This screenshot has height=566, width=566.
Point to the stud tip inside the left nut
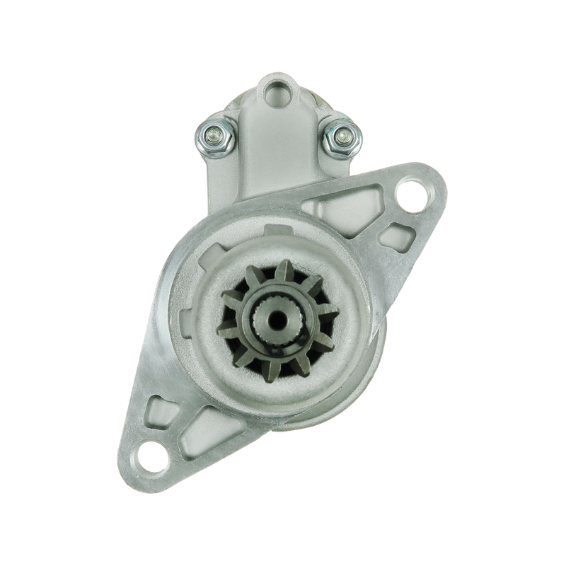(215, 132)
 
